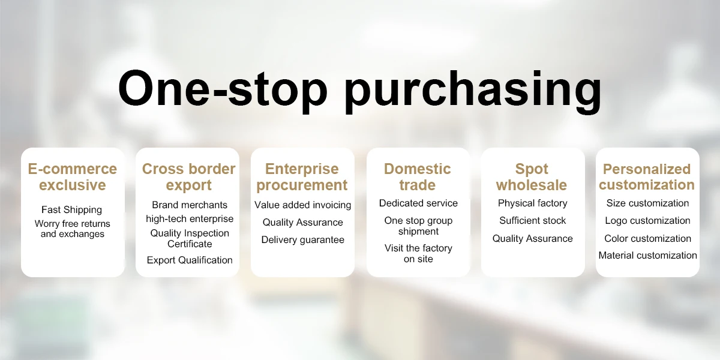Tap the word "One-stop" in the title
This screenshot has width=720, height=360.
pos(223,88)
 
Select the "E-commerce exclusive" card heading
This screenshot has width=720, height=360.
pos(73,177)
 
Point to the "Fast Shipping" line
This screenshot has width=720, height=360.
pos(71,209)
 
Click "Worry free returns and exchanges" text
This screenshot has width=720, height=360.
pos(73,229)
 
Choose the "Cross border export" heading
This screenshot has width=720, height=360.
pos(188,177)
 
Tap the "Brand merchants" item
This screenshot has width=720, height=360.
pos(190,205)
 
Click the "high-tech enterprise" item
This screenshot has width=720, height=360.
pos(190,219)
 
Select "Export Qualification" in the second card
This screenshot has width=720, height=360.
pos(190,260)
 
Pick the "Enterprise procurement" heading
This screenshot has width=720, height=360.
pos(302,177)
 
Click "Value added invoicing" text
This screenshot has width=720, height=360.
pos(303,205)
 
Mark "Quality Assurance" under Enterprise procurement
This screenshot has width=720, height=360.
pos(303,222)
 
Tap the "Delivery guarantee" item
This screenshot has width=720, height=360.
pos(303,240)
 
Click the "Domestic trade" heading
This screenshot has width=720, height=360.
pos(418,177)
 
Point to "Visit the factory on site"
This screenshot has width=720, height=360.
pos(418,253)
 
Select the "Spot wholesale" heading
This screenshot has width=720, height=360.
pos(532,177)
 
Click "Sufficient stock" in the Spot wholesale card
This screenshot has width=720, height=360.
pos(533,221)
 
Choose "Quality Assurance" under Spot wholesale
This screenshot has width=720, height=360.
pos(533,239)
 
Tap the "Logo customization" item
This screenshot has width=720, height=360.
pos(647,221)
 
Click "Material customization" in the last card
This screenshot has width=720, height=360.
pos(647,255)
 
